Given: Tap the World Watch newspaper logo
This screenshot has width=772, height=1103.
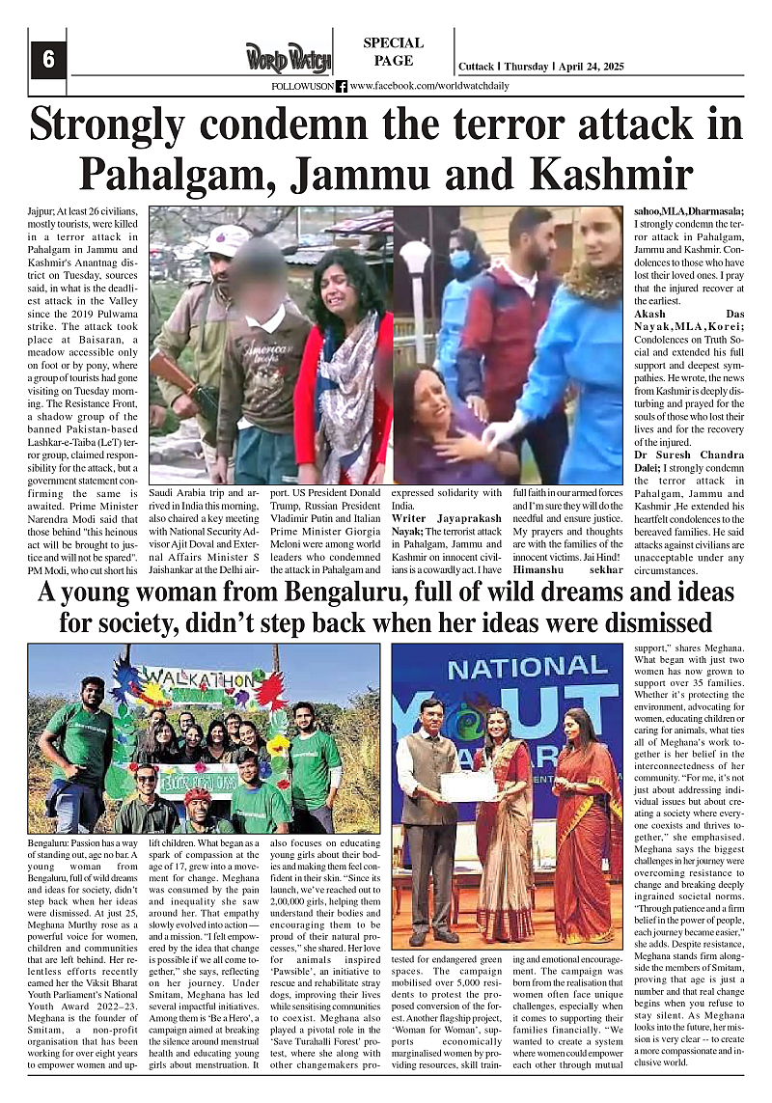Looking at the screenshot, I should pyautogui.click(x=288, y=59).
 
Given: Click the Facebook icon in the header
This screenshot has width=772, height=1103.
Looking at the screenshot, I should pyautogui.click(x=342, y=86).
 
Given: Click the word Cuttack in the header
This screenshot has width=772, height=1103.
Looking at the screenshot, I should pyautogui.click(x=475, y=67).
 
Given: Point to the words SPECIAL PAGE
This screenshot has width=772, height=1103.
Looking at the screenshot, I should pyautogui.click(x=393, y=51).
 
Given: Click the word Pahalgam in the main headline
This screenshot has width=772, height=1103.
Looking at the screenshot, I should pyautogui.click(x=185, y=172).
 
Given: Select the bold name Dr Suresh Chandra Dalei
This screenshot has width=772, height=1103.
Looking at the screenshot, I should pyautogui.click(x=676, y=462).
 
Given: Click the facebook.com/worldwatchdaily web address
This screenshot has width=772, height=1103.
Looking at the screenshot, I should pyautogui.click(x=428, y=86).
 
